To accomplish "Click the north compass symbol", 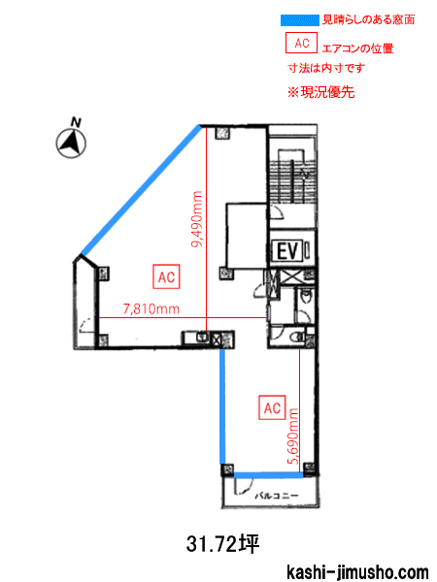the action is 71,144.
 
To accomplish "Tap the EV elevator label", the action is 288,251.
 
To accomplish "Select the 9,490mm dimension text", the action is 196,219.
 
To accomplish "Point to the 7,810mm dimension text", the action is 151,308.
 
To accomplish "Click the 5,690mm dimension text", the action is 293,436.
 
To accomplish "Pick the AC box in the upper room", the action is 166,276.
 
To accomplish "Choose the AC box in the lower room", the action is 272,408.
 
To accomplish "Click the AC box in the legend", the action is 301,43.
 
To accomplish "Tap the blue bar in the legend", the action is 300,20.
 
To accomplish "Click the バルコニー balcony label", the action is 277,496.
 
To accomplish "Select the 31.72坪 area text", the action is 222,544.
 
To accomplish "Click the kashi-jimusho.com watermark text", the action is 357,572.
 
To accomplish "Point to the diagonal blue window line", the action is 142,190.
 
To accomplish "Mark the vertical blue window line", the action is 222,406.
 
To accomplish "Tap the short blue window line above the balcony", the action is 268,475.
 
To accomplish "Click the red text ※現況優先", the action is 321,92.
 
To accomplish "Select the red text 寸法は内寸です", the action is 326,68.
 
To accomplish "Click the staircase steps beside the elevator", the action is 292,181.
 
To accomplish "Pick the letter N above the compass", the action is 76,122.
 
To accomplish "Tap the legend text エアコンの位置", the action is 357,48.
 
